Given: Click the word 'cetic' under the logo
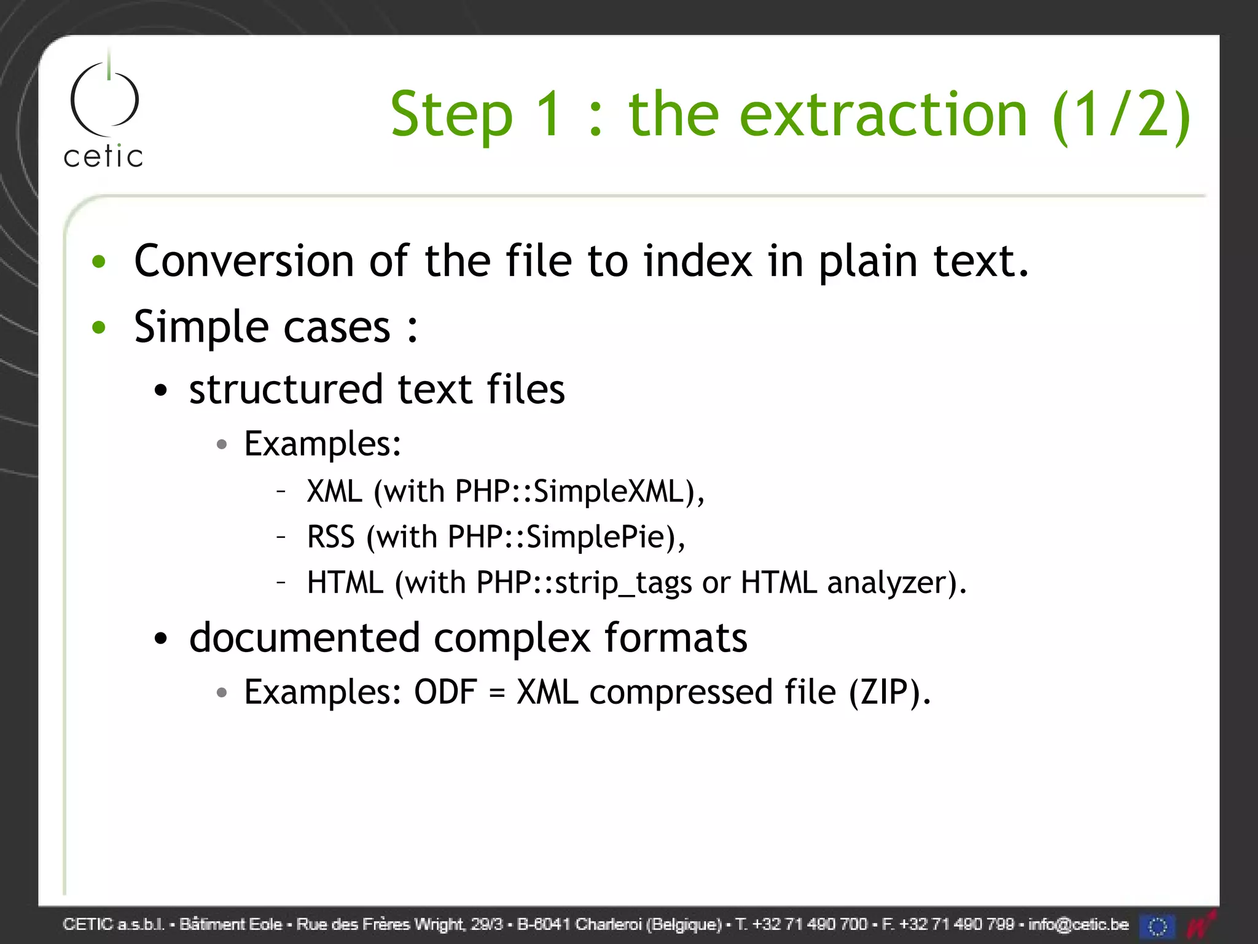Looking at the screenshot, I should click(x=103, y=157).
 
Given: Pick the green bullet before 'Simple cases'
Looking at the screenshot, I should click(x=99, y=327).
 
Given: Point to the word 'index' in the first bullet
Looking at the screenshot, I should click(x=698, y=261).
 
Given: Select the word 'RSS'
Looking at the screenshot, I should click(x=330, y=537).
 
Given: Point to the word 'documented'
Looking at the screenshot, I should click(x=304, y=638).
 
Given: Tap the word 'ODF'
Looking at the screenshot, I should click(x=445, y=693).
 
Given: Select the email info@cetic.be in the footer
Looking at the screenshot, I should click(x=1078, y=924).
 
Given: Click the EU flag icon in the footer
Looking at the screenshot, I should click(x=1156, y=926).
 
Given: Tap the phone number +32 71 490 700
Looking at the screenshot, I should click(x=810, y=924).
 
